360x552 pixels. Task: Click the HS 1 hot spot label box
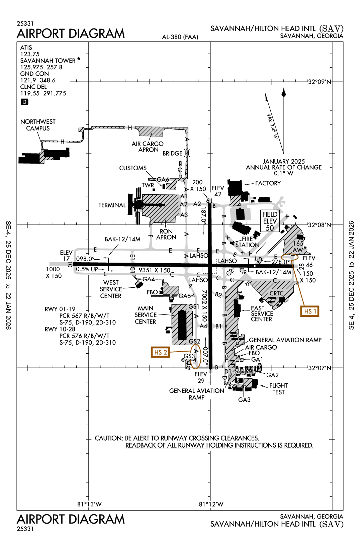pyautogui.click(x=310, y=311)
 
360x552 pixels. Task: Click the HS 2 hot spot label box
pyautogui.click(x=160, y=352)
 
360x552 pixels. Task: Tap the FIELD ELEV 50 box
pyautogui.click(x=270, y=221)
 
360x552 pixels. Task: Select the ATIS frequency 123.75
pyautogui.click(x=30, y=54)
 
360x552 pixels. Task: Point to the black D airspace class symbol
pyautogui.click(x=24, y=102)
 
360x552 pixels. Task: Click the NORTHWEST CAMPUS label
pyautogui.click(x=38, y=125)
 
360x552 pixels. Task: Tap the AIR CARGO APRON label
pyautogui.click(x=148, y=147)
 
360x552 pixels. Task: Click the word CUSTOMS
pyautogui.click(x=133, y=168)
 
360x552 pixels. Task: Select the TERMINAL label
pyautogui.click(x=112, y=205)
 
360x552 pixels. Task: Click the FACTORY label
pyautogui.click(x=268, y=183)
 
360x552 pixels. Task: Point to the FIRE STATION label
pyautogui.click(x=247, y=242)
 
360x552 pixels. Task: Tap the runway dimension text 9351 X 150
pyautogui.click(x=155, y=270)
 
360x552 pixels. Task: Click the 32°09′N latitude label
pyautogui.click(x=319, y=82)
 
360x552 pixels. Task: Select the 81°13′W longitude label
pyautogui.click(x=89, y=504)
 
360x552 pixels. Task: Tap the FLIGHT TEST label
pyautogui.click(x=278, y=389)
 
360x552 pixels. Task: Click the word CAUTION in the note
pyautogui.click(x=109, y=438)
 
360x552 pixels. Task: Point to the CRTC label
pyautogui.click(x=276, y=293)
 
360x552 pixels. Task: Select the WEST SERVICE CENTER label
pyautogui.click(x=111, y=289)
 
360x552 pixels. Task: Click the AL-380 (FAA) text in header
pyautogui.click(x=180, y=37)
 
